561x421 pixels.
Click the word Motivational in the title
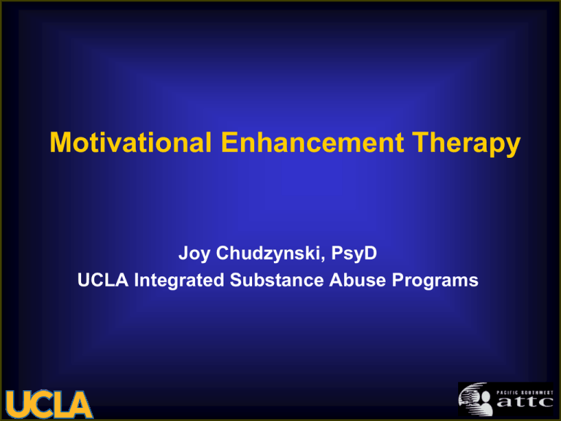131,142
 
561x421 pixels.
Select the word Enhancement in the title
313,142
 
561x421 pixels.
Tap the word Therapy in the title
466,144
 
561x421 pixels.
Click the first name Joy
194,254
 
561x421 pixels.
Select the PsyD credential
354,254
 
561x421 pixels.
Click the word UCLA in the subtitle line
103,280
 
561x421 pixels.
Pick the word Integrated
179,281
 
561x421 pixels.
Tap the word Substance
277,280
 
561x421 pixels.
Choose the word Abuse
357,280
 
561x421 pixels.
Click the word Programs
435,281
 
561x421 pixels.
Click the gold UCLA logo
49,404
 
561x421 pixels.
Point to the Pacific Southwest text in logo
524,392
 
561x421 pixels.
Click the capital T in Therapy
421,142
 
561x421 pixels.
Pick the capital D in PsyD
370,253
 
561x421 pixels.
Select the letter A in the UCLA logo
80,405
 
